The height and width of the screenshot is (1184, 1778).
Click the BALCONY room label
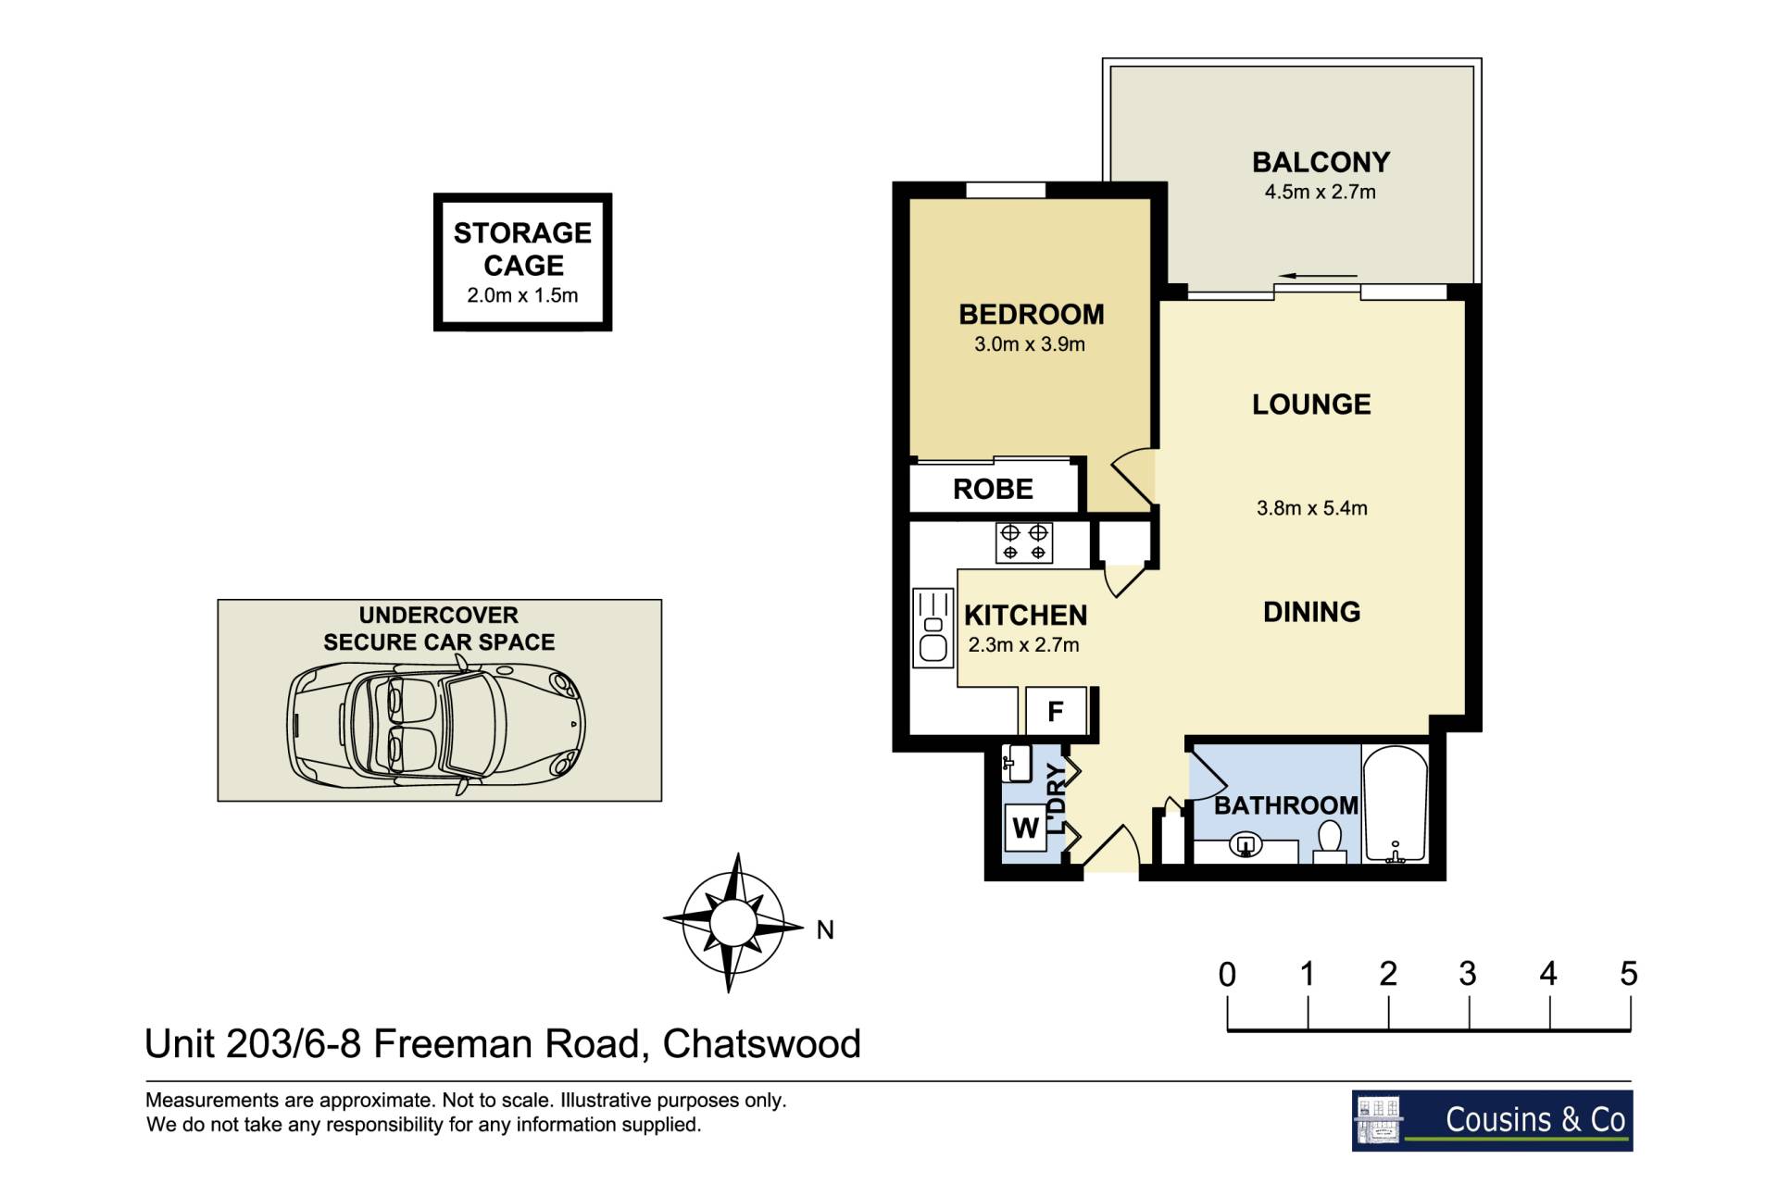pyautogui.click(x=1321, y=162)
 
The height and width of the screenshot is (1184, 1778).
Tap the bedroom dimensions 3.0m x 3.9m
pyautogui.click(x=1029, y=344)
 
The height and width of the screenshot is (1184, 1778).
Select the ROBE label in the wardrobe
pyautogui.click(x=993, y=489)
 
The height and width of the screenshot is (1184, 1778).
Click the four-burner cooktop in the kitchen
pyautogui.click(x=1024, y=542)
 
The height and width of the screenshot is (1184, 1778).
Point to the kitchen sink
pyautogui.click(x=933, y=628)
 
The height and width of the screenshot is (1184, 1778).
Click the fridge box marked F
pyautogui.click(x=1056, y=711)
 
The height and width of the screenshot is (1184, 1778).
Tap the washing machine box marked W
pyautogui.click(x=1025, y=828)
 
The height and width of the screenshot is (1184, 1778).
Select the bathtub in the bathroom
pyautogui.click(x=1395, y=804)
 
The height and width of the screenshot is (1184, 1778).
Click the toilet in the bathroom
pyautogui.click(x=1331, y=841)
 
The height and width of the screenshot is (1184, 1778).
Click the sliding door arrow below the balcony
pyautogui.click(x=1319, y=276)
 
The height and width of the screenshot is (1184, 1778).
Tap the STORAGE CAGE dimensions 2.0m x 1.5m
pyautogui.click(x=522, y=295)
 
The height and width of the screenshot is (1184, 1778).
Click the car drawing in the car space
pyautogui.click(x=436, y=723)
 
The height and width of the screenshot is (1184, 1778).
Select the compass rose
pyautogui.click(x=733, y=923)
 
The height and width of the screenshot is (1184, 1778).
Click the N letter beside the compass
pyautogui.click(x=825, y=929)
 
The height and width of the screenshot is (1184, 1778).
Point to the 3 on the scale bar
pyautogui.click(x=1468, y=974)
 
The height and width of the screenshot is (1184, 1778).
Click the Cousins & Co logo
pyautogui.click(x=1492, y=1120)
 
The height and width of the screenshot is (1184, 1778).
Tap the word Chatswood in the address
pyautogui.click(x=762, y=1043)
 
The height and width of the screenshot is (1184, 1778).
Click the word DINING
pyautogui.click(x=1311, y=612)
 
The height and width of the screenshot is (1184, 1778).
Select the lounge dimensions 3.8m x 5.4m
pyautogui.click(x=1311, y=508)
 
